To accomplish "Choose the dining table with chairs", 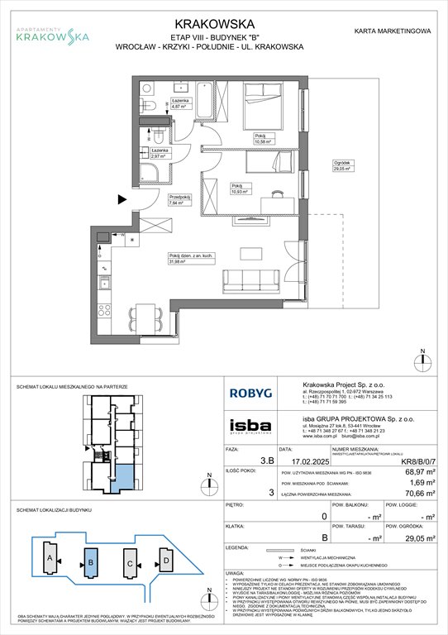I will [147, 314].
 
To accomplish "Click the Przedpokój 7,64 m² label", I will [180, 199].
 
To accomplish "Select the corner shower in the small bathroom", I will [153, 173].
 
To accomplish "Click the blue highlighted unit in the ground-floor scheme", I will [122, 477].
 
